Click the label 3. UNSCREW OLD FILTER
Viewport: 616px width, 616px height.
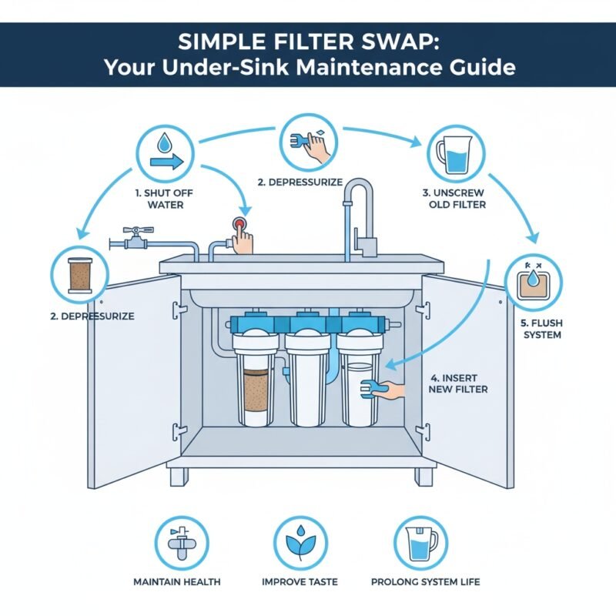(454, 199)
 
